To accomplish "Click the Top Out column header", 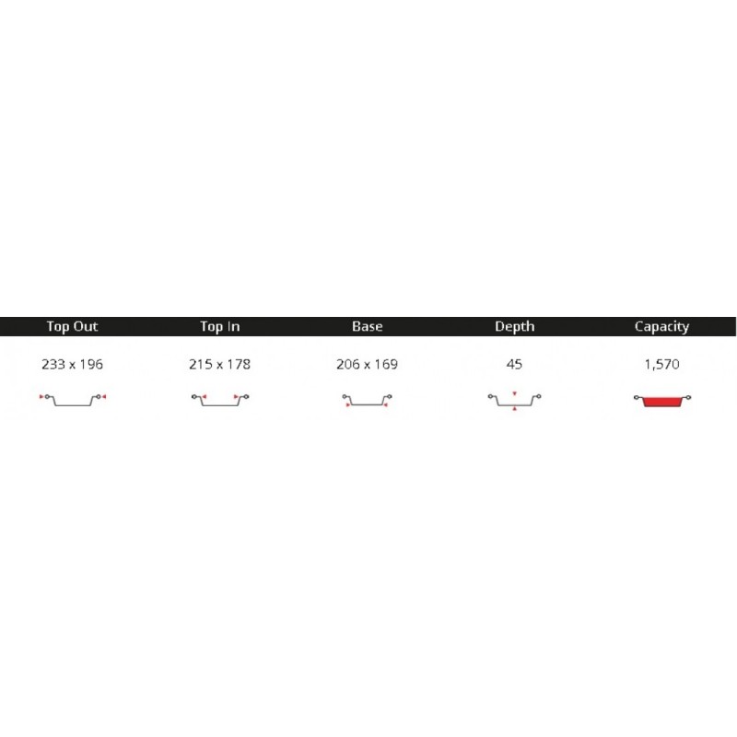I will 72,326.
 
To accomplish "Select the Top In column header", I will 219,326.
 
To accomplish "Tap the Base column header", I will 367,326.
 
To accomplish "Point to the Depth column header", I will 514,326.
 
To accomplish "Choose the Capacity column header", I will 661,326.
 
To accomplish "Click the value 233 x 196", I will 72,364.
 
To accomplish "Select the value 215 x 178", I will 219,364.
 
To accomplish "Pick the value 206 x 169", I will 367,364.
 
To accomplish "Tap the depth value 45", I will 514,364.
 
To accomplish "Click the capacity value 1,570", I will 661,364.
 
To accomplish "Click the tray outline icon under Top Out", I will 72,399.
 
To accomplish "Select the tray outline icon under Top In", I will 219,399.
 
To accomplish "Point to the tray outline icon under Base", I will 367,400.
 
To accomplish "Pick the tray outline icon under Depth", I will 514,400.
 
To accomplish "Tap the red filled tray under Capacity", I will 661,401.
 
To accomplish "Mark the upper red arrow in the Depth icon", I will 514,393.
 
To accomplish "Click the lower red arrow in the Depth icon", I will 514,409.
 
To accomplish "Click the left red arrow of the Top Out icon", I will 41,397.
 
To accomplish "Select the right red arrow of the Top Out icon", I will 104,397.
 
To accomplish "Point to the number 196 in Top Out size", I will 90,364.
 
